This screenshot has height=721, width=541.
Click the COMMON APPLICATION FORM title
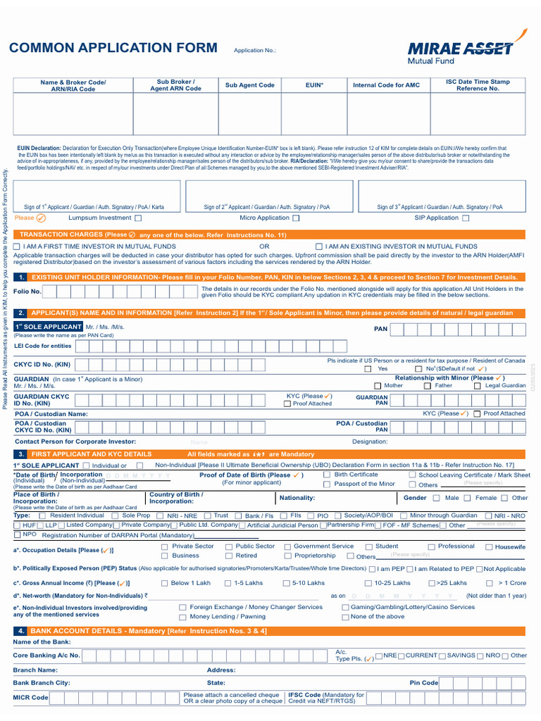[x=113, y=48]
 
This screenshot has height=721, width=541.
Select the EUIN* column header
[x=314, y=85]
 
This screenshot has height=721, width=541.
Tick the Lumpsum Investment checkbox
[x=138, y=218]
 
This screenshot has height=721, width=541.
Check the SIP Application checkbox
[x=466, y=218]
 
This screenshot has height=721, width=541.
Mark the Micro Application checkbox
[x=296, y=218]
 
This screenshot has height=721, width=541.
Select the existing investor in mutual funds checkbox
[x=319, y=246]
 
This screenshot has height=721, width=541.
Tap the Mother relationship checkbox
[x=378, y=386]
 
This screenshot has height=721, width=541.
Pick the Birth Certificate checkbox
[x=327, y=475]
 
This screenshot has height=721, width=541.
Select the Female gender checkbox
[x=470, y=499]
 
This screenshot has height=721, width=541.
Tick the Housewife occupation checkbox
[x=489, y=547]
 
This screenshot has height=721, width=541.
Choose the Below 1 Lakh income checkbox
[x=165, y=584]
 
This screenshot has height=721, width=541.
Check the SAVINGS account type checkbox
[x=442, y=656]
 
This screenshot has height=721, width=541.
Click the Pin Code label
[x=423, y=683]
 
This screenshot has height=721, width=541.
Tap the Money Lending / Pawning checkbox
[x=183, y=617]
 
